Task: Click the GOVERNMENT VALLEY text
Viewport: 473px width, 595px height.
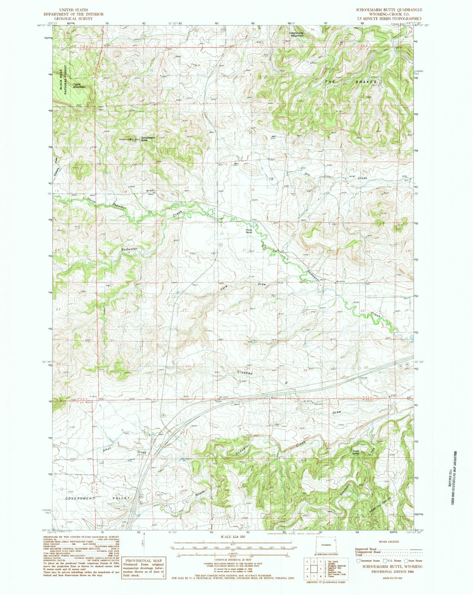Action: pos(98,498)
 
